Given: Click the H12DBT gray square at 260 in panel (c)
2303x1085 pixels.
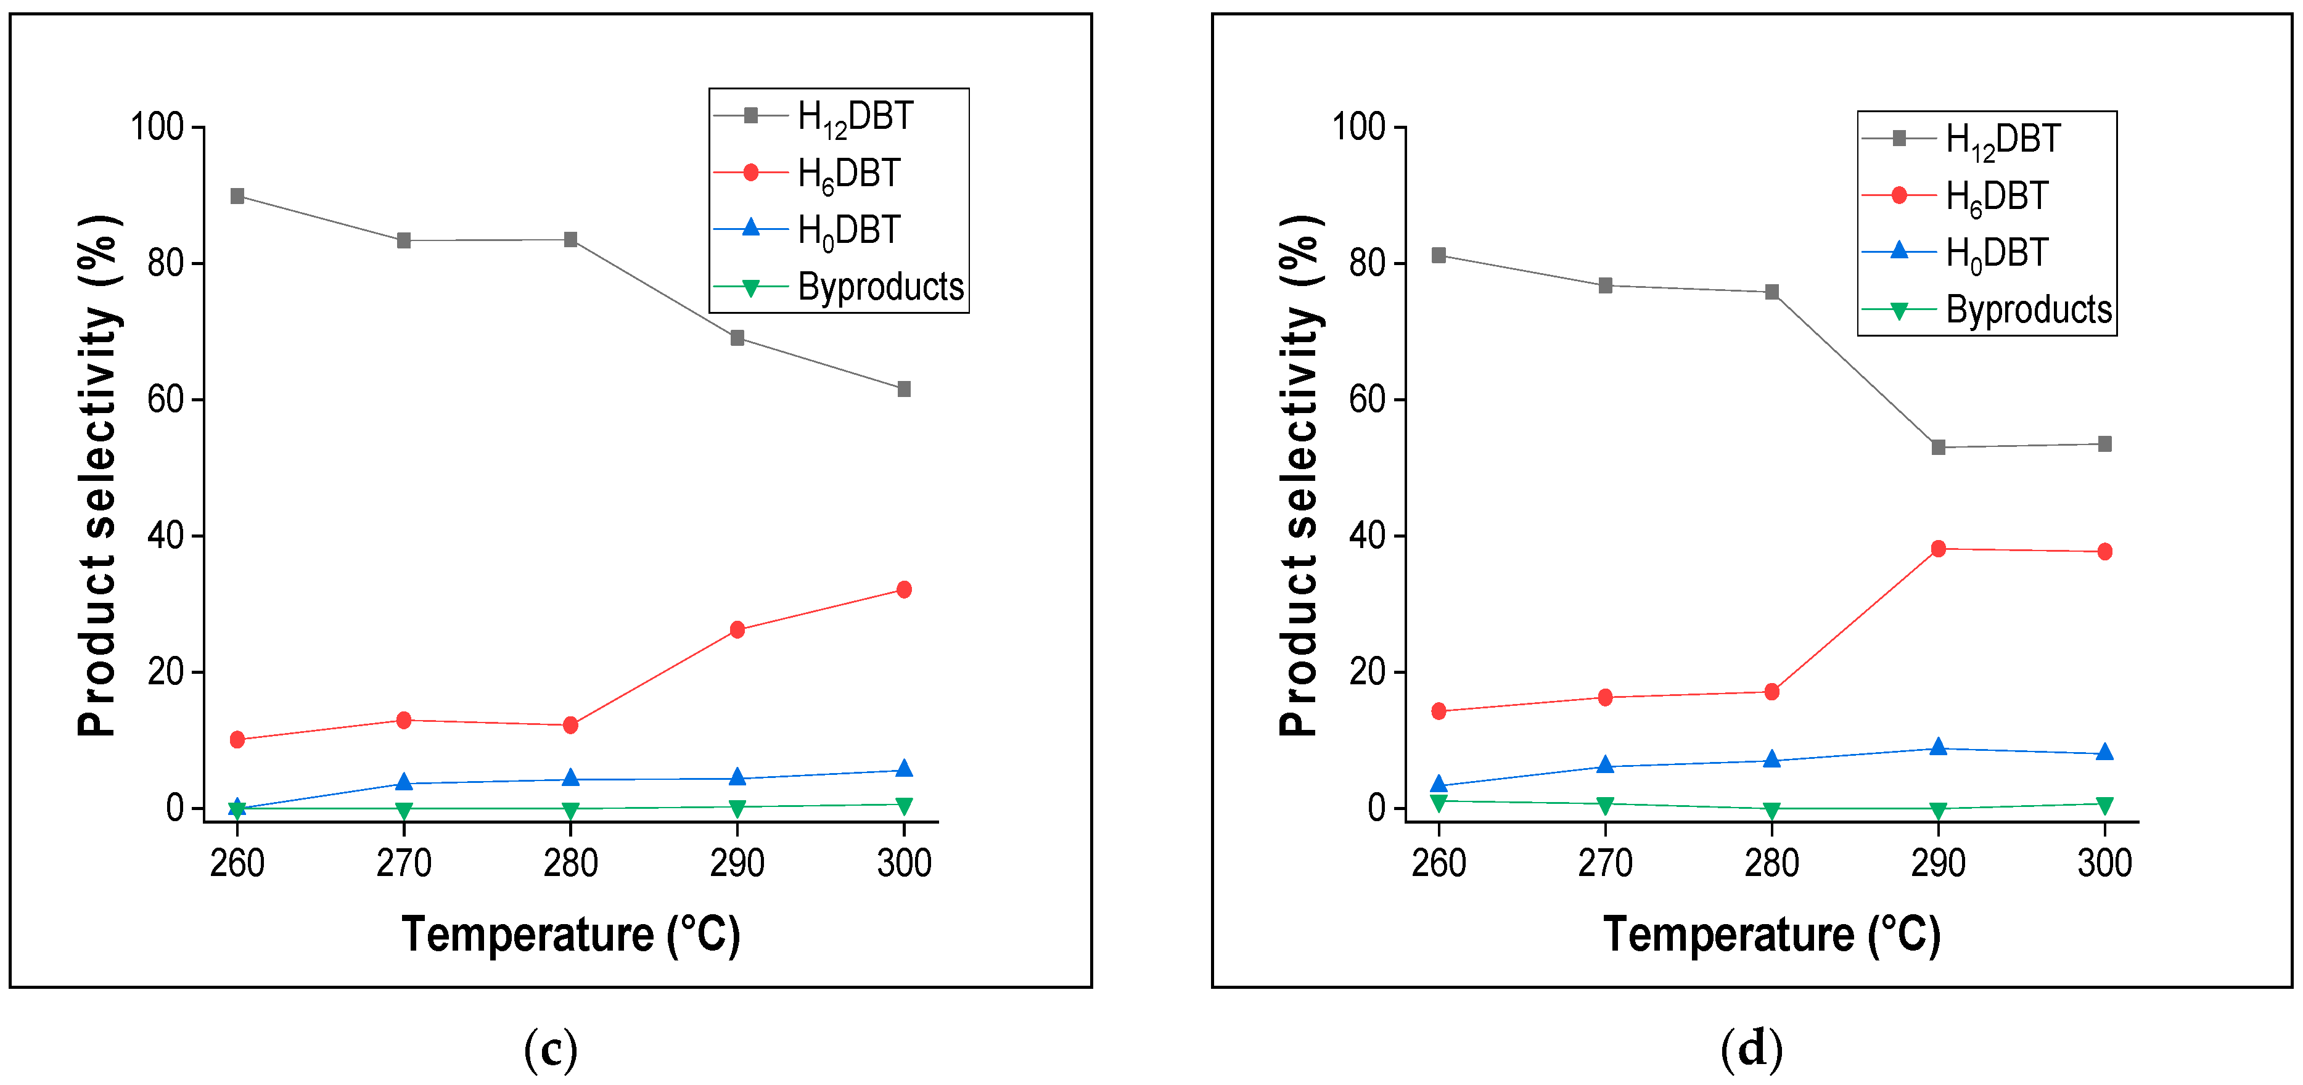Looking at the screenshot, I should (237, 195).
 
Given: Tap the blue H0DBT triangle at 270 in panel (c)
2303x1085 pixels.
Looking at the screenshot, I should (404, 782).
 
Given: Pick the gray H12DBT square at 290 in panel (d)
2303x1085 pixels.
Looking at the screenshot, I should (1938, 447).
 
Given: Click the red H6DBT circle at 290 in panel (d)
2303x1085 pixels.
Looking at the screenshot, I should (1938, 549).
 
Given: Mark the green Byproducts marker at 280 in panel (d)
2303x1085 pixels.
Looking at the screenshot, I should (1772, 809).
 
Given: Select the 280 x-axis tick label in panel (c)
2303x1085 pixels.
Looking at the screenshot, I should (570, 863).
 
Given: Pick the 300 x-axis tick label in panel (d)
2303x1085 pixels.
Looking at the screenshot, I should (2104, 863).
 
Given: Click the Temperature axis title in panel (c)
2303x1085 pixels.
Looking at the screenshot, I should (570, 935).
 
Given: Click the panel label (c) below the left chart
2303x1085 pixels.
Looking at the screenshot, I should (551, 1049).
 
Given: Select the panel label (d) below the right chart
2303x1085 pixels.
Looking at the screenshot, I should (1751, 1049).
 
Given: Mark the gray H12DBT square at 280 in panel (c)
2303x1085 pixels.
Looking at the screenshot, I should (570, 240).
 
